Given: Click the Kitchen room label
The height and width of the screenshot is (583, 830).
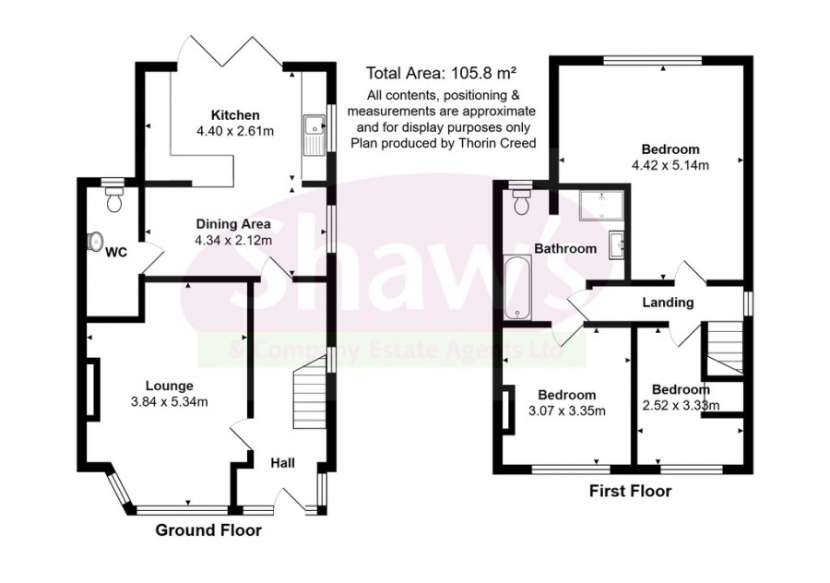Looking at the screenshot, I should [235, 115].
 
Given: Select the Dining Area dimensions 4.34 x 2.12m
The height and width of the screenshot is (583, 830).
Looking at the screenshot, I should [232, 240].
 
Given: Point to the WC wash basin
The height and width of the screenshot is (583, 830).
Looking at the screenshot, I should [93, 241].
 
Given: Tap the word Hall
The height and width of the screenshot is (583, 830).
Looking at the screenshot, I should [282, 462].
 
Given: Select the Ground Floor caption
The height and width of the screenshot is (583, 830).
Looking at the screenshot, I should [207, 530].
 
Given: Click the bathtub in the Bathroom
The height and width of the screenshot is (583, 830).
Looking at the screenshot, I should [518, 288].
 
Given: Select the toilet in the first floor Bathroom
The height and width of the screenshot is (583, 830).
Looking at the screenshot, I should [522, 200].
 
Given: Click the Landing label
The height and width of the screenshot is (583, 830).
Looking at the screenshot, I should [668, 303].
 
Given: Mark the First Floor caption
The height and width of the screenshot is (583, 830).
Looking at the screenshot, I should [631, 492].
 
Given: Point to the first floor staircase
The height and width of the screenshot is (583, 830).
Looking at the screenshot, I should [725, 347].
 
